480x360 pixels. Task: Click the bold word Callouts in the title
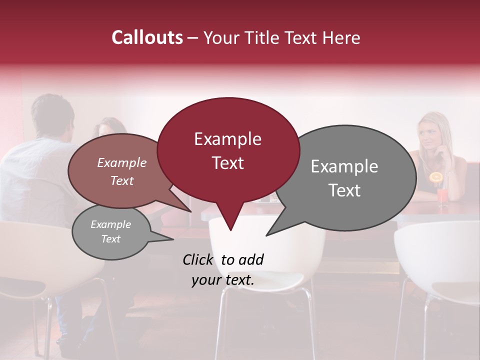147,37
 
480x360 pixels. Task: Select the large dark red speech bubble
228,150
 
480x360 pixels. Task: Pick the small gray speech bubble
111,232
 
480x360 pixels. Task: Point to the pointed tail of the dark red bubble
230,229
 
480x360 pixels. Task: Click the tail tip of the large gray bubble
266,235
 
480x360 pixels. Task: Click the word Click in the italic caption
199,259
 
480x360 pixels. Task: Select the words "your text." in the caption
222,280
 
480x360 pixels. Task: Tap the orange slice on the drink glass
436,177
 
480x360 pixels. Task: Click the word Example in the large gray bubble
344,166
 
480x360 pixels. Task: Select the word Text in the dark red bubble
228,163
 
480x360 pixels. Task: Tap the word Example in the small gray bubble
111,224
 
